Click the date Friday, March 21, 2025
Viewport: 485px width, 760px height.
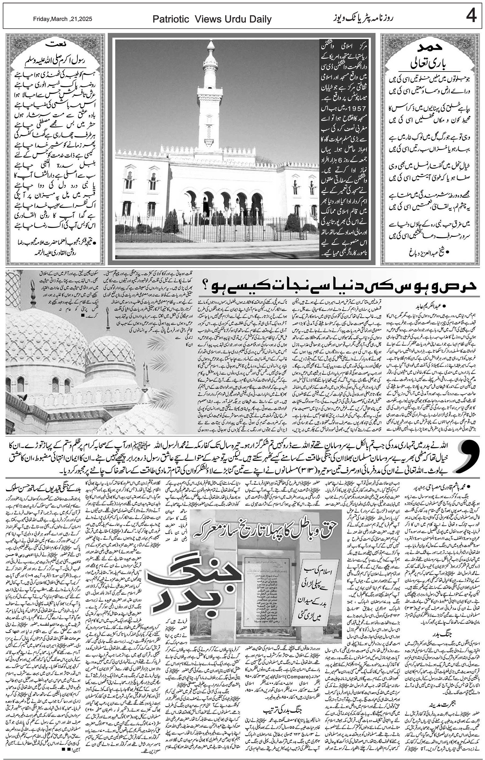[62, 19]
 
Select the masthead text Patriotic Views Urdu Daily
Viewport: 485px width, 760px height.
[212, 19]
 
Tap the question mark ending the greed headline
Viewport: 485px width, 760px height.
[206, 285]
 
